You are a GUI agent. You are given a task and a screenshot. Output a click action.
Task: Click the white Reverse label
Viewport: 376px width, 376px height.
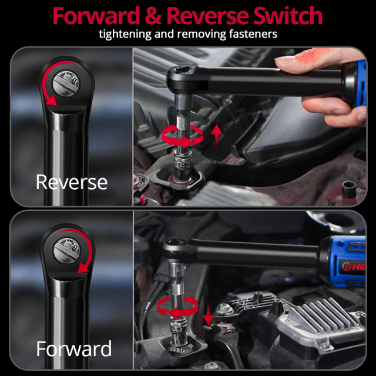tap(71, 182)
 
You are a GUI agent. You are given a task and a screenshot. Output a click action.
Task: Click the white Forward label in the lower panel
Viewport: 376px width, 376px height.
tap(73, 349)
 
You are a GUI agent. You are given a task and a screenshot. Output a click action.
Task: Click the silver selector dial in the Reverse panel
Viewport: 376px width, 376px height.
tap(66, 82)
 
